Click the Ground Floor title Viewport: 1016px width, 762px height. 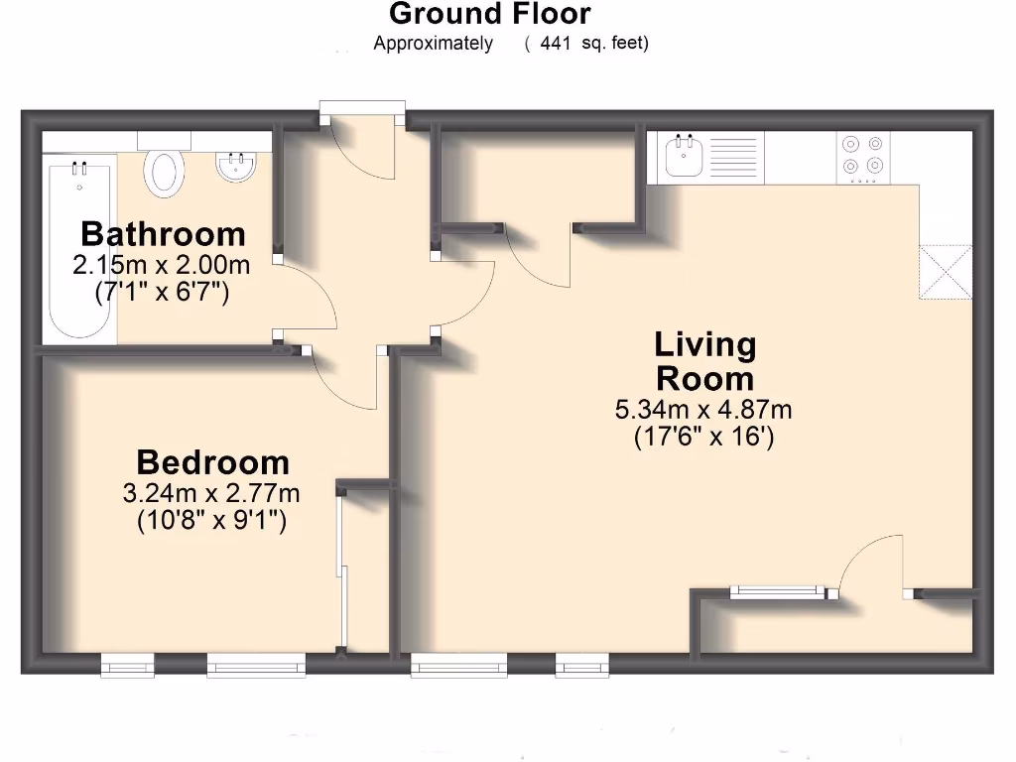489,14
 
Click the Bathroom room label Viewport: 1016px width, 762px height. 163,234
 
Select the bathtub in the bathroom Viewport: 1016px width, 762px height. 79,248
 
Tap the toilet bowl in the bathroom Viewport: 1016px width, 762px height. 165,172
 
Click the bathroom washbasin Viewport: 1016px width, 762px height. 237,167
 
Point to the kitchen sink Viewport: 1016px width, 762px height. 685,156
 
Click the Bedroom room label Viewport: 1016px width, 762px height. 212,462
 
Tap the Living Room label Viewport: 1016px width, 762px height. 704,361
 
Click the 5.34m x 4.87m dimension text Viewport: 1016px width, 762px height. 703,410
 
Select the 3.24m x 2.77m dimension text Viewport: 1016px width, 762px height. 211,493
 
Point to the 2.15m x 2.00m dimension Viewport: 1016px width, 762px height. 162,266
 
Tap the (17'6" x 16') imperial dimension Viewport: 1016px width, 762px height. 703,438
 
